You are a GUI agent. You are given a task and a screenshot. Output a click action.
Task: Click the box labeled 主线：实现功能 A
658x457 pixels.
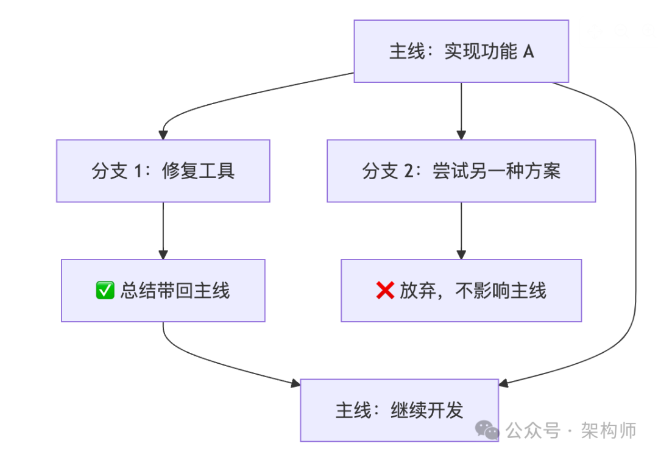461,51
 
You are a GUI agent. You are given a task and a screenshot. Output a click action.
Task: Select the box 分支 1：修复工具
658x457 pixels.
163,171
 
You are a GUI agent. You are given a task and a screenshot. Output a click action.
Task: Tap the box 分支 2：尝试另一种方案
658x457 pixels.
461,171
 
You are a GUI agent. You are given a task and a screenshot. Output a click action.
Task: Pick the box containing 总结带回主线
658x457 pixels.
163,291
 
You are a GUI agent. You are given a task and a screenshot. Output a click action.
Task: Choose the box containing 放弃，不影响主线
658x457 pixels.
461,291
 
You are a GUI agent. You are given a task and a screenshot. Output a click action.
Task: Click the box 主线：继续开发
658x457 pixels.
399,410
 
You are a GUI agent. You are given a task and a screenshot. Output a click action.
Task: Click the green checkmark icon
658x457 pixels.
105,291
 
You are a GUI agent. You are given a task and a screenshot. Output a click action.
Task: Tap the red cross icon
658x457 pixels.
385,291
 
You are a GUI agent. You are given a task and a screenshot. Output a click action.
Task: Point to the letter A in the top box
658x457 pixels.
528,52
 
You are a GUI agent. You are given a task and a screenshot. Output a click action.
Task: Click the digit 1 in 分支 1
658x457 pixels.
139,171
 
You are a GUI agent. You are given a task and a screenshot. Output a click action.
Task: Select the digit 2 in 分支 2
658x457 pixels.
409,171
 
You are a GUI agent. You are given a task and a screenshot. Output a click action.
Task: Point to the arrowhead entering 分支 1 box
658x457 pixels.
163,135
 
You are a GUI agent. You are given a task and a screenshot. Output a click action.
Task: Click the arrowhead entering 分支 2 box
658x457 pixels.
461,135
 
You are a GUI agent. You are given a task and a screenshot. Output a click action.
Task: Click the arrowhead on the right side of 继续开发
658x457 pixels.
504,383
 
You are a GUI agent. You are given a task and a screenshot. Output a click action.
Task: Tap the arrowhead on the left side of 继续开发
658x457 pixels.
295,383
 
